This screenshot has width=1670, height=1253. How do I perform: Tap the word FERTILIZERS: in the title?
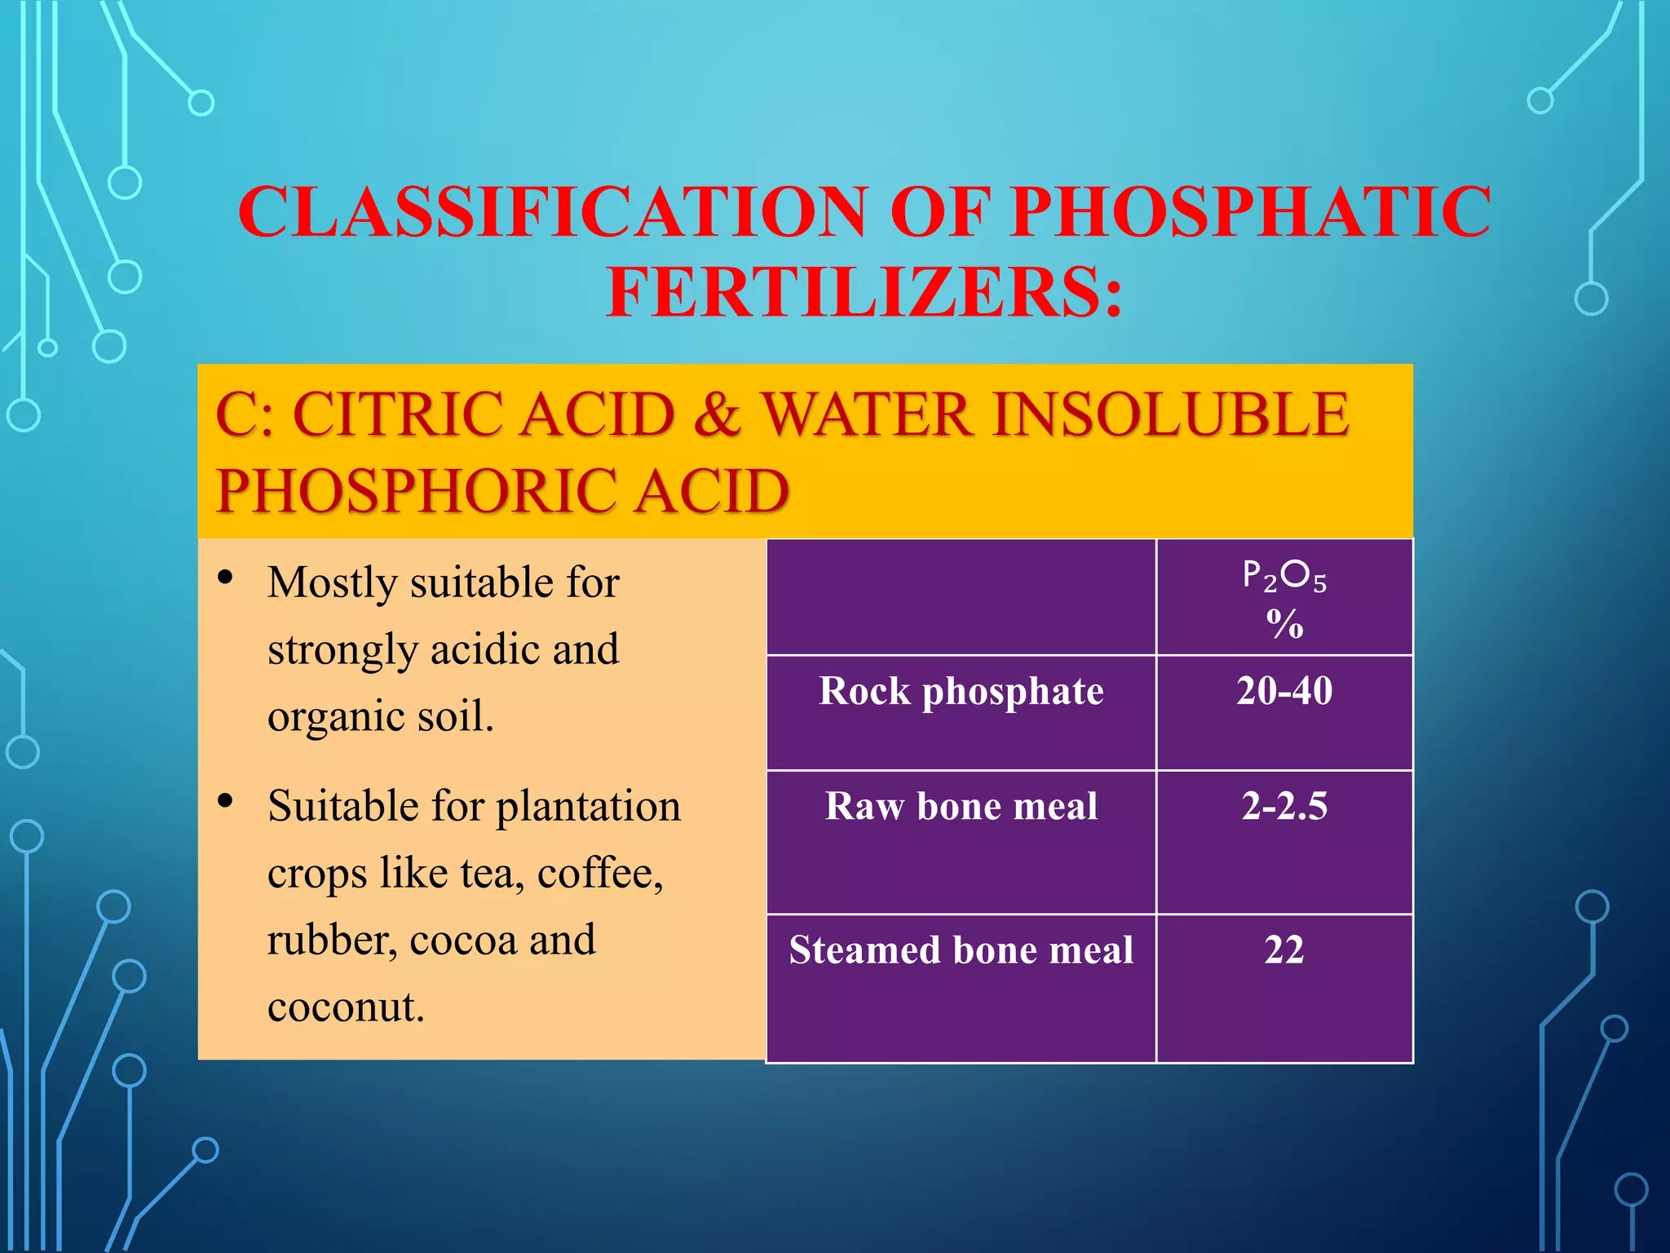point(864,293)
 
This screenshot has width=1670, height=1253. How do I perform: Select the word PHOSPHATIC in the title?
point(1251,212)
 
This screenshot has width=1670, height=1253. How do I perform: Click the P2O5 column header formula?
point(1284,576)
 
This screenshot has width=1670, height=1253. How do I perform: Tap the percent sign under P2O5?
point(1284,625)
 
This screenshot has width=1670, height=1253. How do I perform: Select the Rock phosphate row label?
point(961,692)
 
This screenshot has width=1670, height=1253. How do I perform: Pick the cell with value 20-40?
point(1284,691)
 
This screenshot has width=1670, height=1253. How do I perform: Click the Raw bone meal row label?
point(961,807)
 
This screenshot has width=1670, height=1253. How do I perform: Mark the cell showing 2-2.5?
point(1284,806)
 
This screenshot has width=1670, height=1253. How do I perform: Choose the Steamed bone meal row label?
point(961,950)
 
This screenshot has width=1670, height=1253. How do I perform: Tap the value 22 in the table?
point(1284,950)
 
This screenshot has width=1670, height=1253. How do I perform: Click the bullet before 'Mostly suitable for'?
point(226,578)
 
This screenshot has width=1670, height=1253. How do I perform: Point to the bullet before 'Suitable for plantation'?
point(226,801)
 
